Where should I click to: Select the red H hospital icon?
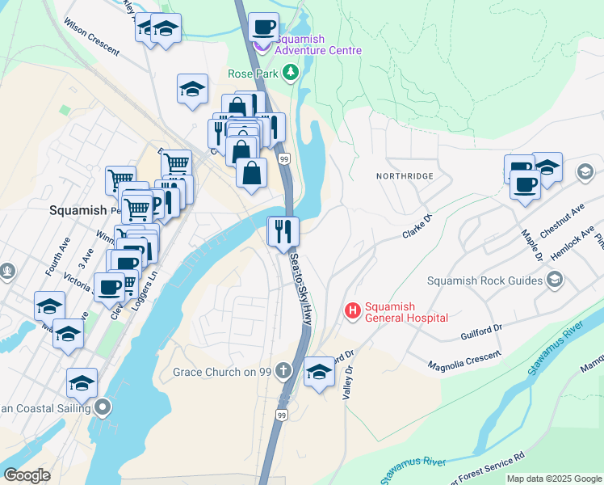[353, 310]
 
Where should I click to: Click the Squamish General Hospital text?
[406, 312]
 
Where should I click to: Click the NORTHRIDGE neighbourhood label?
[405, 175]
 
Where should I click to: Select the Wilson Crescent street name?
[91, 39]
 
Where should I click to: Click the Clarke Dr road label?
[418, 226]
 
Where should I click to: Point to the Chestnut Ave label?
[562, 220]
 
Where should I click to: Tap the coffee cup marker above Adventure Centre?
[263, 27]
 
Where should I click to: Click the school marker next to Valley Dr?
[320, 372]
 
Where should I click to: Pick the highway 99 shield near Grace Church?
[281, 415]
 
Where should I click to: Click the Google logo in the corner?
[27, 475]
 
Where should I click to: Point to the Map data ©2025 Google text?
[554, 479]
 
